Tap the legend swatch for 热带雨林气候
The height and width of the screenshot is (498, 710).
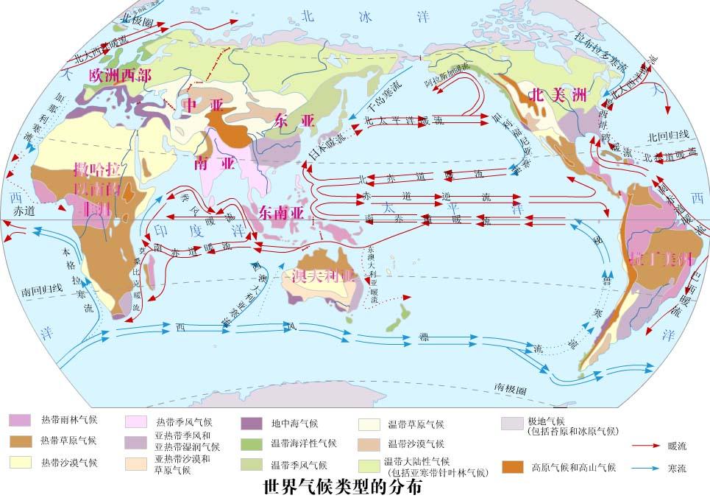pyautogui.click(x=19, y=420)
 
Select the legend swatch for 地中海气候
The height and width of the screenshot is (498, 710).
pyautogui.click(x=252, y=424)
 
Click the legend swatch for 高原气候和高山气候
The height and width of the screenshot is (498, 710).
pyautogui.click(x=512, y=467)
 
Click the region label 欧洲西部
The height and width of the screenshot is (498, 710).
pyautogui.click(x=120, y=76)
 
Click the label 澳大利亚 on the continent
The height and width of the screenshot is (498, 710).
pyautogui.click(x=324, y=277)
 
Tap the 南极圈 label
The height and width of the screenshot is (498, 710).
pyautogui.click(x=509, y=387)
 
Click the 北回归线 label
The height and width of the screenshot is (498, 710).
pyautogui.click(x=667, y=136)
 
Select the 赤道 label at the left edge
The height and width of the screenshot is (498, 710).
pyautogui.click(x=24, y=211)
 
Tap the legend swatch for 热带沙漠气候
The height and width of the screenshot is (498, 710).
pyautogui.click(x=19, y=462)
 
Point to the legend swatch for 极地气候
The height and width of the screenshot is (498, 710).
pyautogui.click(x=512, y=424)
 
